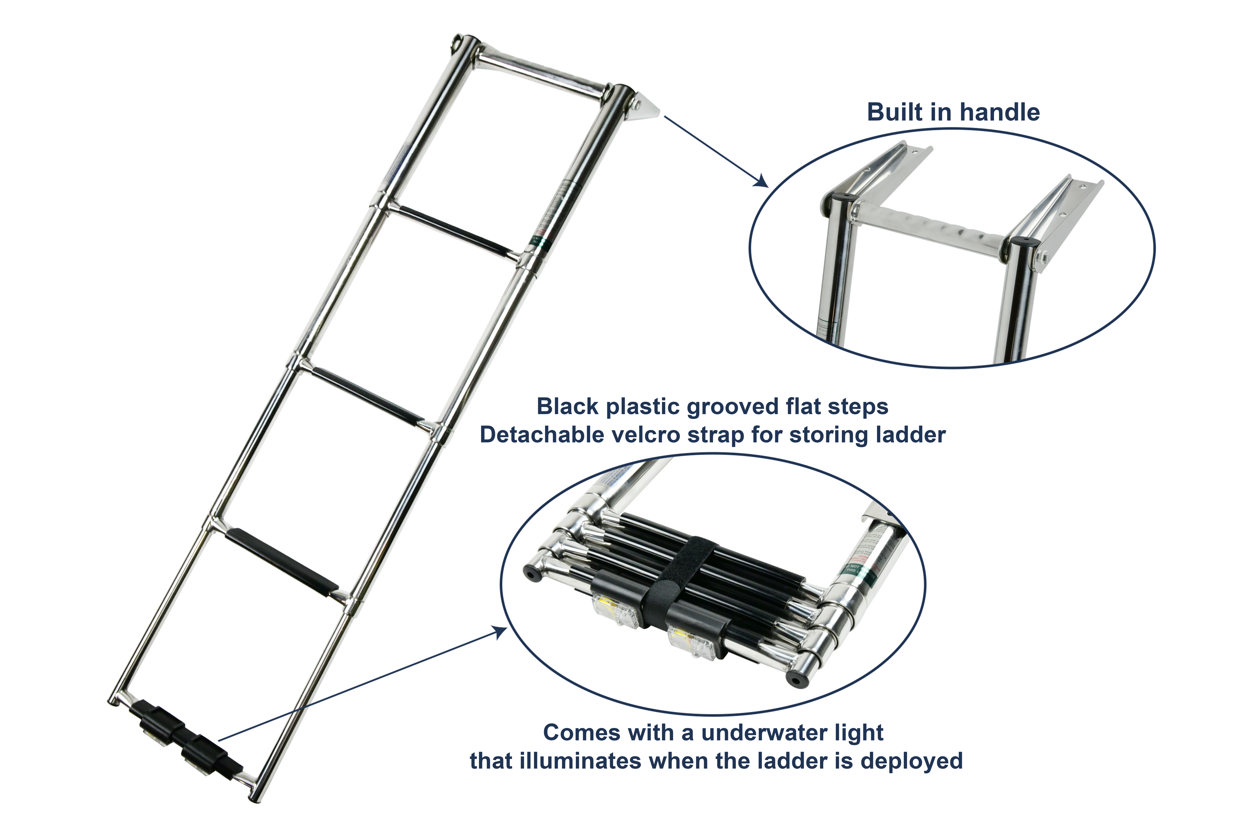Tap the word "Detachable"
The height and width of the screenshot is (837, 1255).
542,435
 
